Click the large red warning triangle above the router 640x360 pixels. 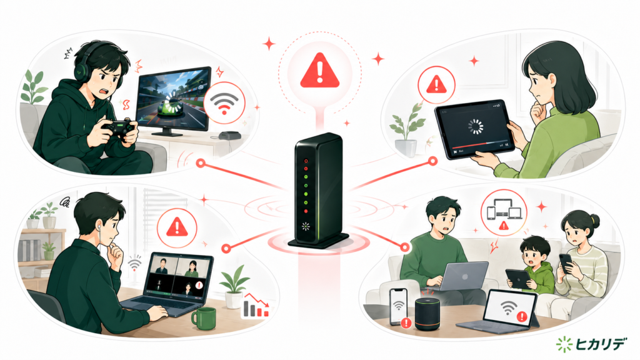click(x=319, y=72)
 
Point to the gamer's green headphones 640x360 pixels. click(x=82, y=65)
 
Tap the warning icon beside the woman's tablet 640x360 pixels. click(x=436, y=84)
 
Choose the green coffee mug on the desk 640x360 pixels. click(x=204, y=318)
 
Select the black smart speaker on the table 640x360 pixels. click(x=428, y=314)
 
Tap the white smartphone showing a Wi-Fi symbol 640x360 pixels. click(x=398, y=307)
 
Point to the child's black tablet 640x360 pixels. click(x=518, y=279)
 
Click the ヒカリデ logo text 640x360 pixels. click(x=600, y=344)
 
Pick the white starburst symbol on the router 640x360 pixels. click(x=305, y=226)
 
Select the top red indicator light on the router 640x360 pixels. click(x=306, y=161)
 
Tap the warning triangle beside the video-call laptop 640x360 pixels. click(x=177, y=227)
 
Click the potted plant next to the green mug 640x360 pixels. click(x=234, y=286)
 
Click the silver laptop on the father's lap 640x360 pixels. click(x=464, y=276)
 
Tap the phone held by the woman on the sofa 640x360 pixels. click(x=566, y=263)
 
